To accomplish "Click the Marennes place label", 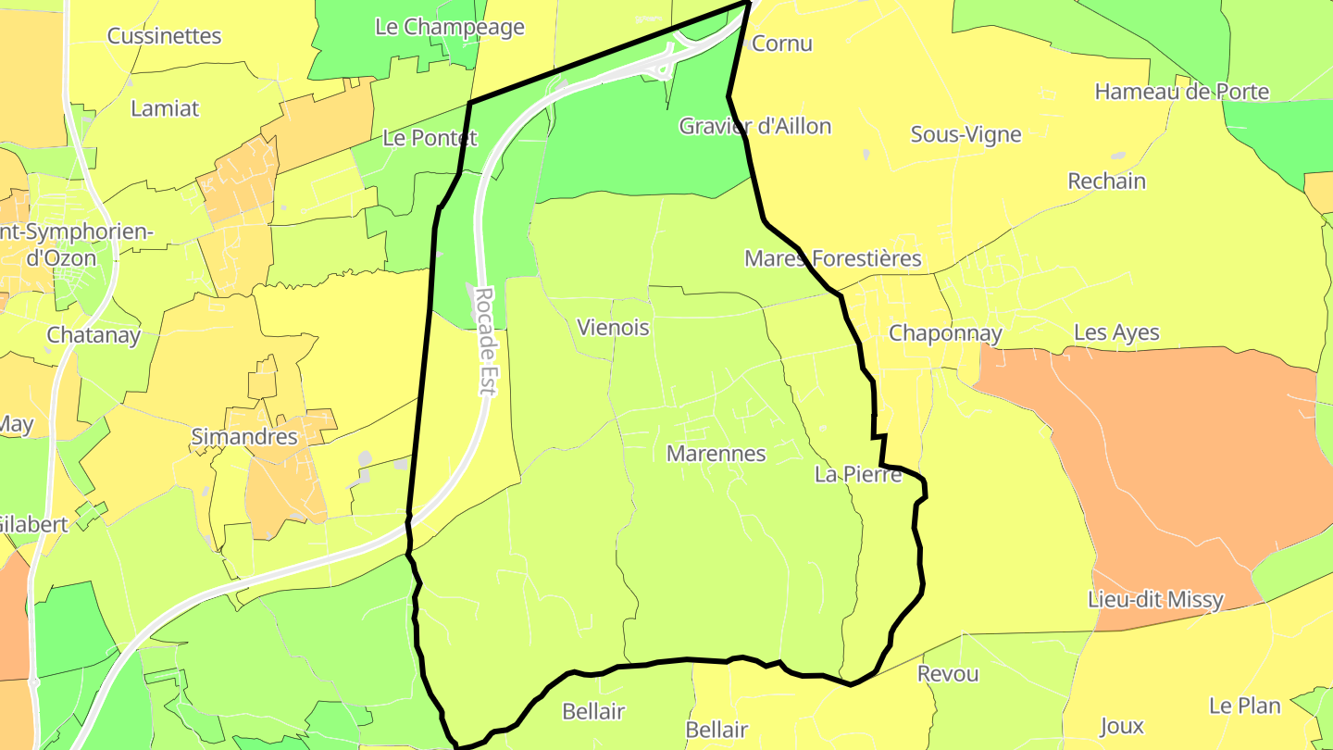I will (716, 454).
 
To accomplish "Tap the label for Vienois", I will (613, 328).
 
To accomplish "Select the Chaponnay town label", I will (945, 333).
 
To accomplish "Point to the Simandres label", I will (244, 437).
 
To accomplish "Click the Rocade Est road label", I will (486, 342).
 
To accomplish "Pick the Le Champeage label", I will (449, 27).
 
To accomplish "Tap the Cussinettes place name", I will (164, 36).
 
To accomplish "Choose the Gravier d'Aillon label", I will (755, 126).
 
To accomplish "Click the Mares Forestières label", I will (833, 258).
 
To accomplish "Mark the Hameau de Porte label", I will (1181, 92).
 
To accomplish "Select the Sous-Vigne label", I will (965, 134).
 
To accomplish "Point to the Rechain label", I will (1106, 181).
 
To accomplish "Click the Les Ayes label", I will (1116, 333).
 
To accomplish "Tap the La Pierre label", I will (858, 475).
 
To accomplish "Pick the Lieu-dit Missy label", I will (1156, 600).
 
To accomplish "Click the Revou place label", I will (948, 674).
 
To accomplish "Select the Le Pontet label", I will (430, 139).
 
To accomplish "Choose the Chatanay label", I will (93, 335).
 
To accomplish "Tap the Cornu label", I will (782, 44).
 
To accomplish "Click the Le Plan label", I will (1245, 706).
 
